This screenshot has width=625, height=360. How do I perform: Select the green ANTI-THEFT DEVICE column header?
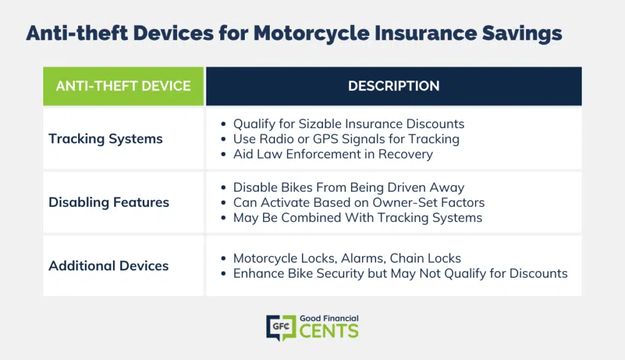click(123, 86)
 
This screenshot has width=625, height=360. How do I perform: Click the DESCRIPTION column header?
click(394, 86)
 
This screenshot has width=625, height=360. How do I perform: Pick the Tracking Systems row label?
click(106, 139)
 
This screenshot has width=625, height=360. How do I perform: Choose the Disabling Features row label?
click(109, 202)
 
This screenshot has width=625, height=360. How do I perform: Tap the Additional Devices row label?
click(109, 265)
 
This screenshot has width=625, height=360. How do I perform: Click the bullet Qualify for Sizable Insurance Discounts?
click(349, 124)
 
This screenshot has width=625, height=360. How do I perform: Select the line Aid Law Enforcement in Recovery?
click(333, 154)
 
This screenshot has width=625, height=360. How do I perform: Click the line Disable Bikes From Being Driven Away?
click(349, 187)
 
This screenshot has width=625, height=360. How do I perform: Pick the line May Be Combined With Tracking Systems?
click(358, 218)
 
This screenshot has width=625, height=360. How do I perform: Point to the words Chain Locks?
click(425, 258)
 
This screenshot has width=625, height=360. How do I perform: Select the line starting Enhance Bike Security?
click(400, 273)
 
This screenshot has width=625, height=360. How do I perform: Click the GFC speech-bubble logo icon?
click(281, 328)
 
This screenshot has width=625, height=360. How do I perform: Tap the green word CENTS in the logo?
click(329, 331)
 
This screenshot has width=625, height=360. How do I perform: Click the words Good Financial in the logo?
click(329, 318)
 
